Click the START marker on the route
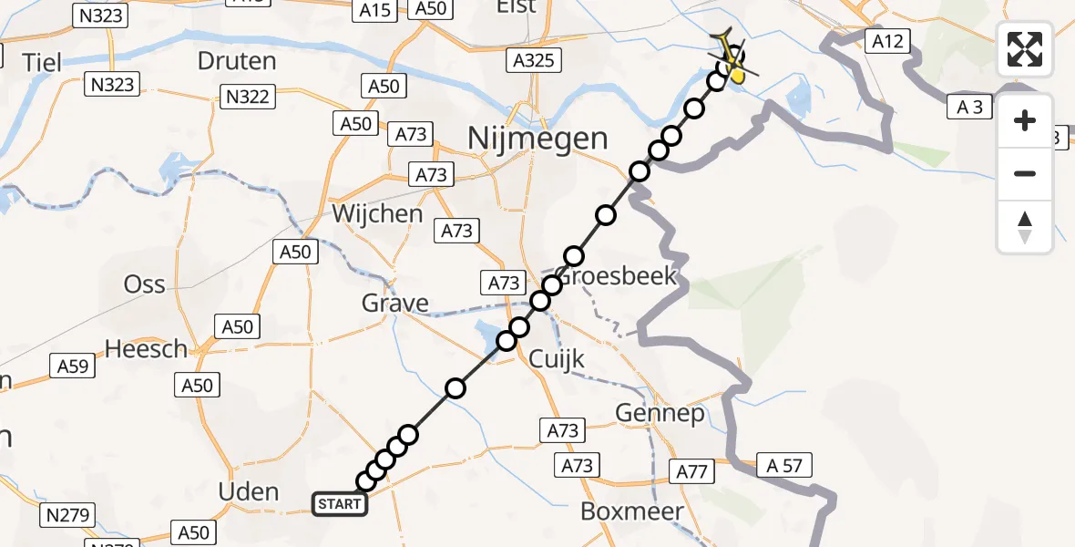pyautogui.click(x=341, y=503)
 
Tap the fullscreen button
pyautogui.click(x=1025, y=49)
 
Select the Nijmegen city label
pyautogui.click(x=537, y=139)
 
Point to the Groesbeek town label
pyautogui.click(x=618, y=276)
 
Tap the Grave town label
pyautogui.click(x=394, y=304)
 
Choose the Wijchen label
pyautogui.click(x=377, y=214)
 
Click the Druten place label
pyautogui.click(x=237, y=61)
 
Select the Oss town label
pyautogui.click(x=145, y=284)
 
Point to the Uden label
pyautogui.click(x=249, y=491)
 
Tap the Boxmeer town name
pyautogui.click(x=632, y=511)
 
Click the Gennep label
pyautogui.click(x=660, y=414)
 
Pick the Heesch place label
pyautogui.click(x=146, y=348)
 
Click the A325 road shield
pyautogui.click(x=534, y=61)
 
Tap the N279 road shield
pyautogui.click(x=67, y=516)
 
